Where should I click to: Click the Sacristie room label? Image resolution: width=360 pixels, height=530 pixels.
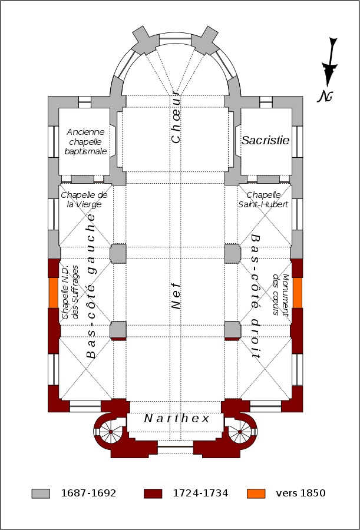pyautogui.click(x=266, y=140)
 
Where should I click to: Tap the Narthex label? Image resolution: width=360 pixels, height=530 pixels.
pyautogui.click(x=177, y=419)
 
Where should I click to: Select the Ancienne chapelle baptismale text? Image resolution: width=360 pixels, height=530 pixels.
pyautogui.click(x=86, y=142)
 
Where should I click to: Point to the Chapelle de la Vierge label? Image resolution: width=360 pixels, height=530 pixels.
pyautogui.click(x=84, y=200)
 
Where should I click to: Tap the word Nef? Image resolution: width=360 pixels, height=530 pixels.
pyautogui.click(x=176, y=293)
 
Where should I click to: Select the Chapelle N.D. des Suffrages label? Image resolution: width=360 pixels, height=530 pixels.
pyautogui.click(x=69, y=293)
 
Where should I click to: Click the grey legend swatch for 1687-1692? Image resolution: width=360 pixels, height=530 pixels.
pyautogui.click(x=41, y=493)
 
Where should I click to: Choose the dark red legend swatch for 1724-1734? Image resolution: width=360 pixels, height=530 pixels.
pyautogui.click(x=153, y=493)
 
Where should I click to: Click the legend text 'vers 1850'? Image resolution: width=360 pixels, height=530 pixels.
pyautogui.click(x=300, y=493)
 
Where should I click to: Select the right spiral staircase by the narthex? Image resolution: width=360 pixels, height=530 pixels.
pyautogui.click(x=240, y=433)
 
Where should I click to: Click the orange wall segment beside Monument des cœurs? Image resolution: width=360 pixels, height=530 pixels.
pyautogui.click(x=297, y=293)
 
